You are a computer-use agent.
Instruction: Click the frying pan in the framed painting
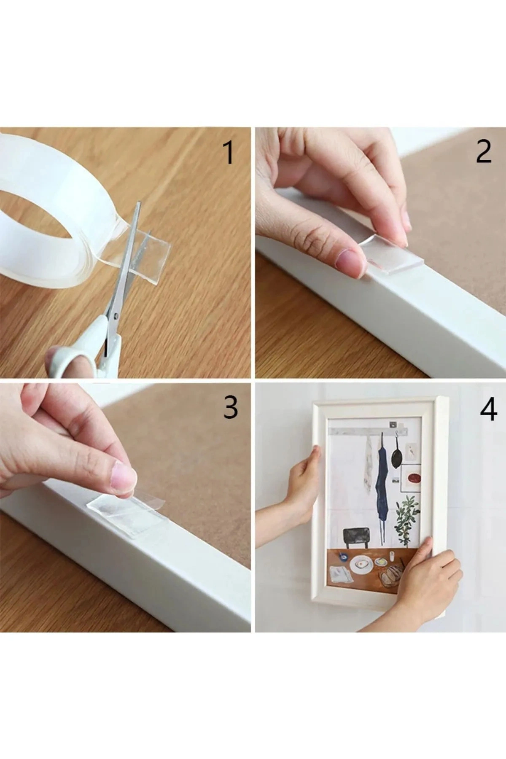pos(397,456)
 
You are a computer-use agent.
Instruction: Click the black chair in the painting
pos(356,538)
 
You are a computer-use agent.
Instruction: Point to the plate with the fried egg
pos(360,563)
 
